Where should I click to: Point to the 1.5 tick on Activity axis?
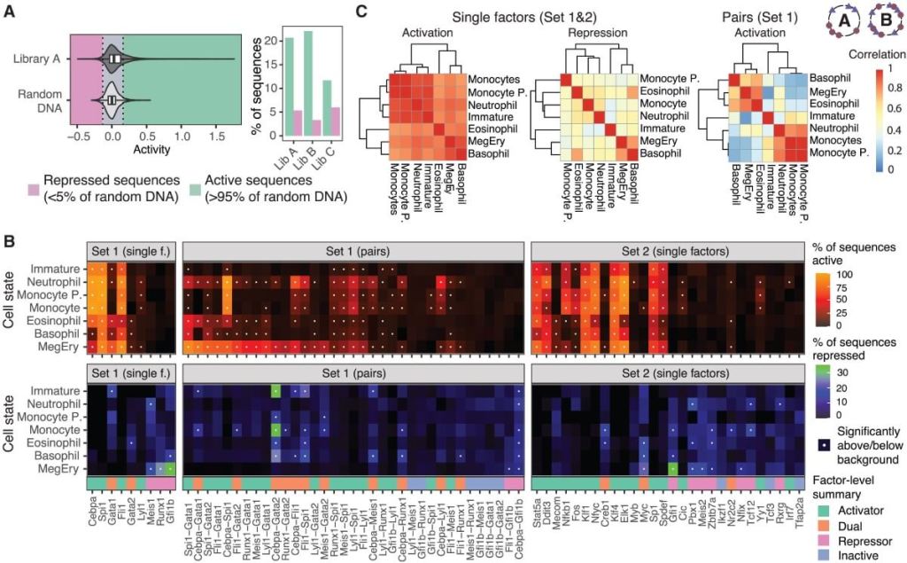[x=214, y=140]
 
